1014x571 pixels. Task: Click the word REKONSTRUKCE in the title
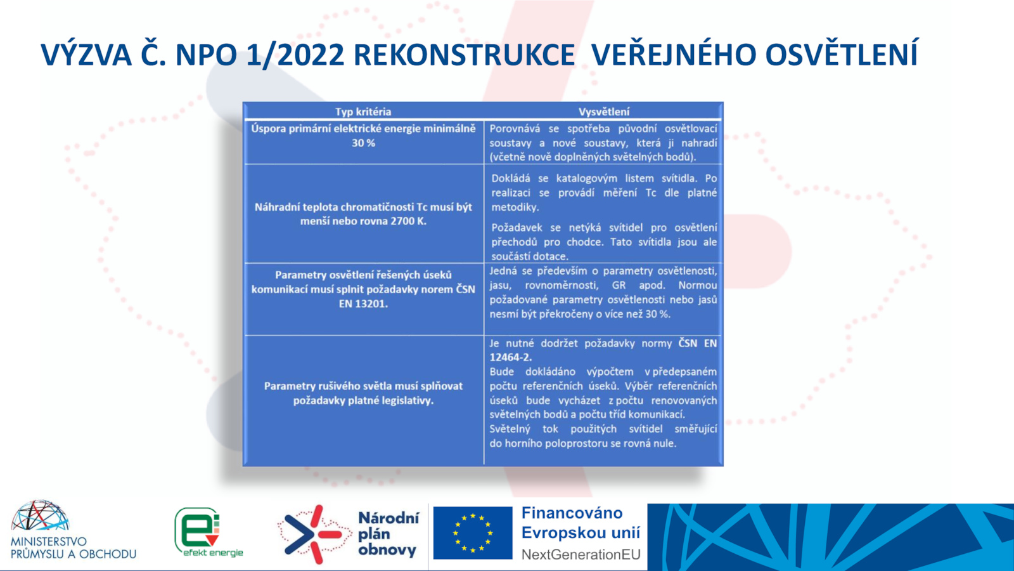(464, 55)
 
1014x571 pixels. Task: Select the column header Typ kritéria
(363, 112)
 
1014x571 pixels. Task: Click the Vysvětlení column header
(603, 112)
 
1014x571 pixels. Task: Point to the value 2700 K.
(408, 221)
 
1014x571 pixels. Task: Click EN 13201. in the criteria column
(363, 304)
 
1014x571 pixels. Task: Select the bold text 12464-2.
(511, 357)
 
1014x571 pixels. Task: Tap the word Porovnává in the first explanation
(515, 129)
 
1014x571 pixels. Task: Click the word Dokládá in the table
(511, 178)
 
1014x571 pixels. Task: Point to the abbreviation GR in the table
(619, 285)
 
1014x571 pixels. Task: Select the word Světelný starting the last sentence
(510, 429)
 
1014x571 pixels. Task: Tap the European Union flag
(473, 533)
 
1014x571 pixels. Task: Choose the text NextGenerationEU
(581, 555)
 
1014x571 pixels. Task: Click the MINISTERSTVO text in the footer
(48, 542)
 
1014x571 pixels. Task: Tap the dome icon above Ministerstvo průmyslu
(40, 515)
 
